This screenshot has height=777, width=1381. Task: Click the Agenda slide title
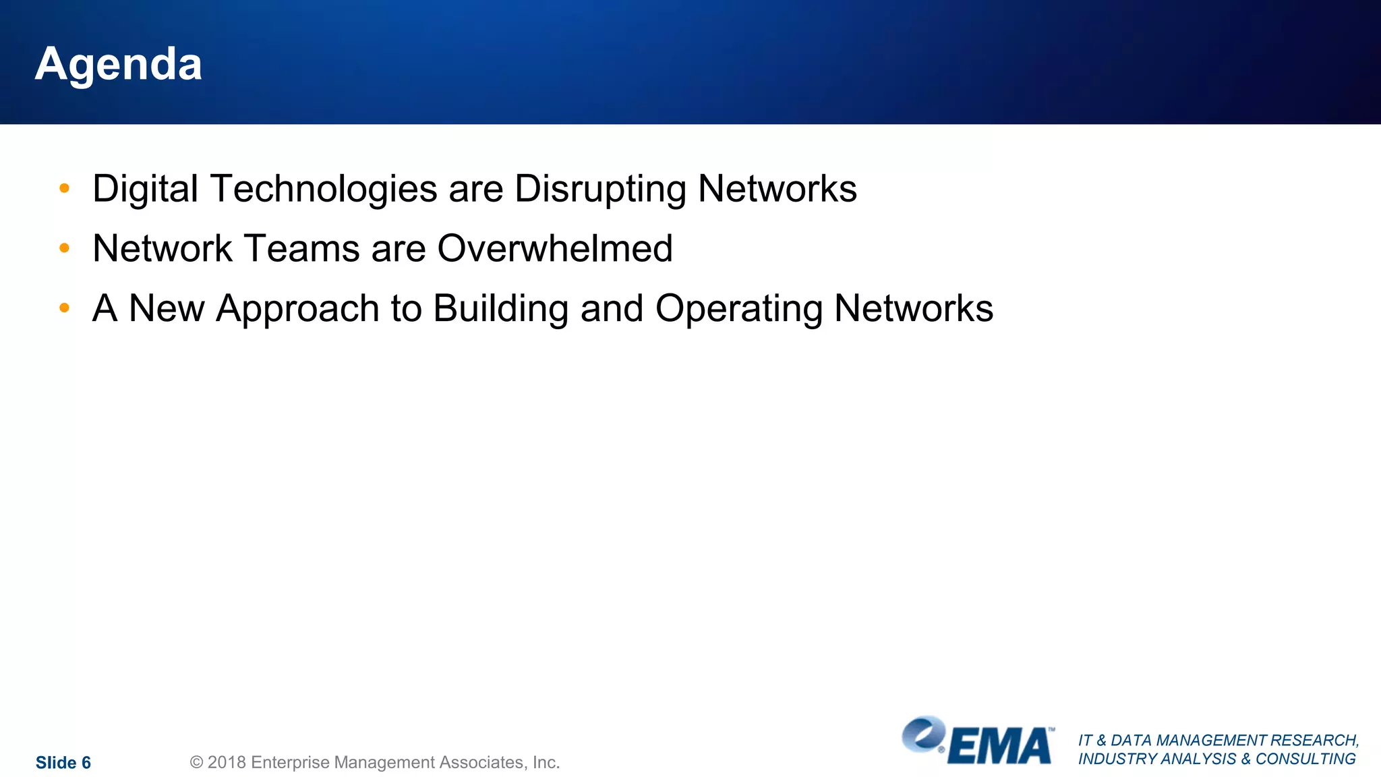119,65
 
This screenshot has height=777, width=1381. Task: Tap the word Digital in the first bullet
145,189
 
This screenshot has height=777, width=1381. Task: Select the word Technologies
324,189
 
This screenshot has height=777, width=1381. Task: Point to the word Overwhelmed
555,248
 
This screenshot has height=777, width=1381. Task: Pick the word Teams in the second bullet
301,248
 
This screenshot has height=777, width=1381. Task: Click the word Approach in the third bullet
297,309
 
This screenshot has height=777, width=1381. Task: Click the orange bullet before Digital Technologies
65,188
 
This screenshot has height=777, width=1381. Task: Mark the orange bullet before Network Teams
65,248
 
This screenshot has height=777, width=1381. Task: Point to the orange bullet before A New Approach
65,308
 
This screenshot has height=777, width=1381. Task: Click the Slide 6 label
63,763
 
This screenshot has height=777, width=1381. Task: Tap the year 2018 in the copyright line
226,763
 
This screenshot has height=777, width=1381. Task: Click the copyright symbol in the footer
196,763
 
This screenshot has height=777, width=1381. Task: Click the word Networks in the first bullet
777,189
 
